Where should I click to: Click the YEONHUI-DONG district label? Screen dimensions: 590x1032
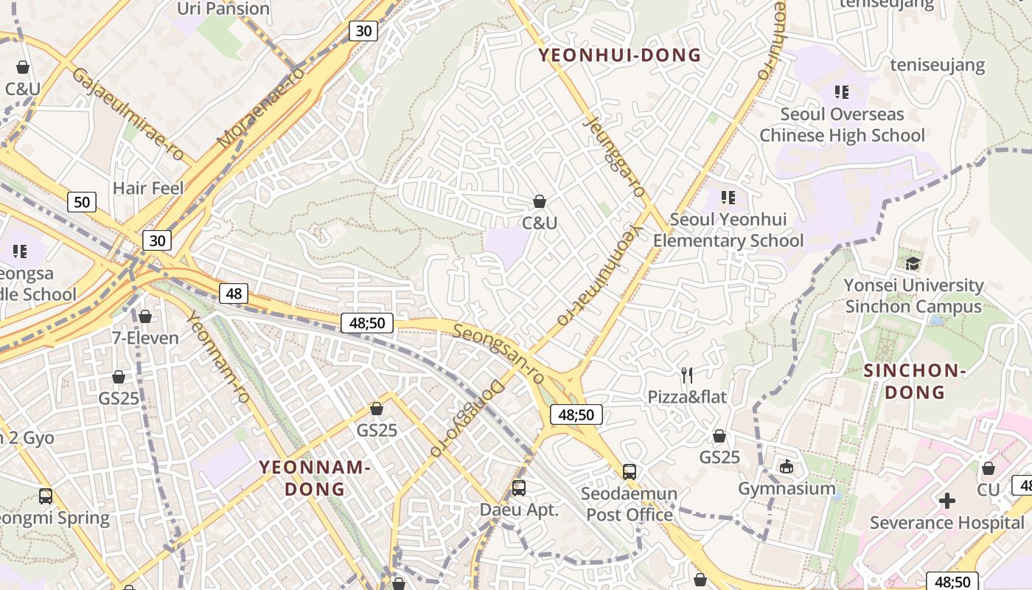619,55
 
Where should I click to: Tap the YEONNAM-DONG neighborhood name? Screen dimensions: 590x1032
314,478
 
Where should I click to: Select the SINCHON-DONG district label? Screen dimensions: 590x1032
914,381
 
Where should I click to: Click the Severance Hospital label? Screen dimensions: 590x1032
946,523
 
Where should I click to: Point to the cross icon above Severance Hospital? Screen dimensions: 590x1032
947,502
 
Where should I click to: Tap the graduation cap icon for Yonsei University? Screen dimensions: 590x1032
913,263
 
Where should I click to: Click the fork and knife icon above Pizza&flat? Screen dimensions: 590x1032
687,375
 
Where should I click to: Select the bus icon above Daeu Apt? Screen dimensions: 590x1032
519,487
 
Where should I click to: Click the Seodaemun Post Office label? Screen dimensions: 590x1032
630,504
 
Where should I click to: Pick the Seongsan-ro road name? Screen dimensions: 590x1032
498,353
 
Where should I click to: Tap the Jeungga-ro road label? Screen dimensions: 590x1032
614,156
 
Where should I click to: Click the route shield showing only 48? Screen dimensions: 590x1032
234,294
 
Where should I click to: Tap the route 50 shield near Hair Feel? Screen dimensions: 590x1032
82,201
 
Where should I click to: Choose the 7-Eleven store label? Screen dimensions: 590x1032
145,339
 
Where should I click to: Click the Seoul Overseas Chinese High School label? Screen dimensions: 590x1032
842,125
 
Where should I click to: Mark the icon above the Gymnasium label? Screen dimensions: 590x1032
787,466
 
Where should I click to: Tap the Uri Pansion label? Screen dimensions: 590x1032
224,9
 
